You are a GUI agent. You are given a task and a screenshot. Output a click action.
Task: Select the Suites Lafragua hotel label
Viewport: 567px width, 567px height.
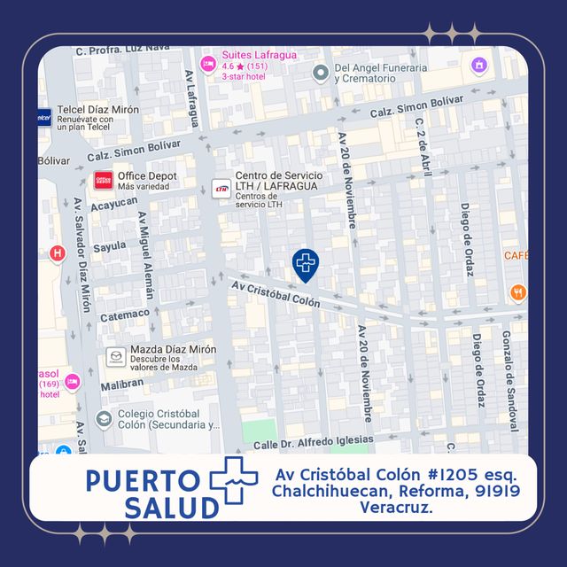click(x=260, y=54)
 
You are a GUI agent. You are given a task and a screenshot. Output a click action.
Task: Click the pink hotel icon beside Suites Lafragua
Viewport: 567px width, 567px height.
click(x=208, y=63)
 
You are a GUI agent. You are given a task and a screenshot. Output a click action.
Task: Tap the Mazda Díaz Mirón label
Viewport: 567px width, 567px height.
click(x=173, y=350)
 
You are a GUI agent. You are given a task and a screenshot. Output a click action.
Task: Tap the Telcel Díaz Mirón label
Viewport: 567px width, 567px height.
click(x=97, y=109)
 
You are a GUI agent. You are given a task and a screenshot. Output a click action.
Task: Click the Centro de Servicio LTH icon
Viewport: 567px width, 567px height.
click(x=221, y=187)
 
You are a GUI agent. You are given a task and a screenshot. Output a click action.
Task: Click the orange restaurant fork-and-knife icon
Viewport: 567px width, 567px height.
click(x=518, y=291)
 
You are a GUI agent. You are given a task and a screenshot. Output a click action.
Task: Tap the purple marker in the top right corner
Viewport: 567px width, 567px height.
click(x=479, y=66)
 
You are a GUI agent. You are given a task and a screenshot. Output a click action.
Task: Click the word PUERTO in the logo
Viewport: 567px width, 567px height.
click(x=143, y=481)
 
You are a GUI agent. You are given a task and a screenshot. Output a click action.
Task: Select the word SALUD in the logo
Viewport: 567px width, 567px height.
click(x=171, y=509)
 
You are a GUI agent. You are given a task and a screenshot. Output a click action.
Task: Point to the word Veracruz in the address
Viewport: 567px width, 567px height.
click(x=396, y=508)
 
